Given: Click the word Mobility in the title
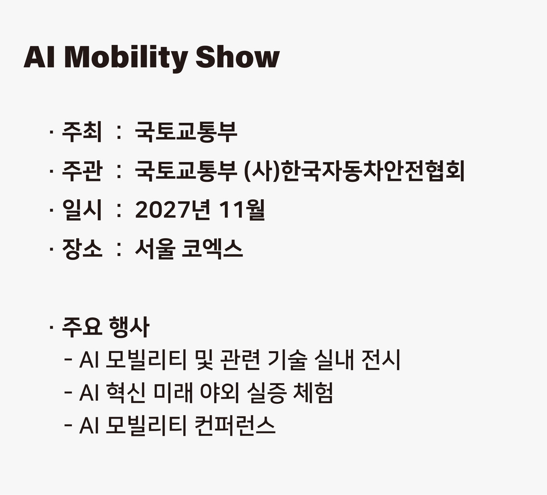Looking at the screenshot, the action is pos(126,58).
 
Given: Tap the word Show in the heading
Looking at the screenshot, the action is pos(237,57).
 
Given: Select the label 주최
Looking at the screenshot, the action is pos(82,132).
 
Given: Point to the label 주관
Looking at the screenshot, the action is pos(82,171).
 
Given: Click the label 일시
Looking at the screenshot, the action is pos(82,210).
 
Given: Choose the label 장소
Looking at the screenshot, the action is pos(82,249).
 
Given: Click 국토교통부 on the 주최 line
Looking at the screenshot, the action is pos(186,132).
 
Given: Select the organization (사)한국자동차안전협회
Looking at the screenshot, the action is pos(354,171).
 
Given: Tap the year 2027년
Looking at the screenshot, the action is pos(173,210).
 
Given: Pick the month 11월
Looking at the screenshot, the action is pos(241,210).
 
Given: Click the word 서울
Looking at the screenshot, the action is pos(155,249).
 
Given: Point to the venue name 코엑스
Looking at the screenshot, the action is pos(212,249).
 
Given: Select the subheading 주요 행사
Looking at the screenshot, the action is pos(106,327).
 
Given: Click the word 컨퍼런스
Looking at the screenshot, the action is pos(235,425).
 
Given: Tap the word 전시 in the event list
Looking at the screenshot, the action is pos(381,359).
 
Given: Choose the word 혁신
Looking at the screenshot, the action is pos(125,392).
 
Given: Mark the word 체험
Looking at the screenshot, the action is pos(313,392).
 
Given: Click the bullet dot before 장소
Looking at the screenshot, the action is pos(51,249).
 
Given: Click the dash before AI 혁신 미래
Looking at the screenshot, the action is pos(68,392).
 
